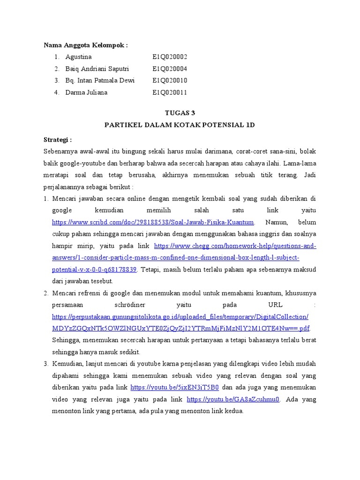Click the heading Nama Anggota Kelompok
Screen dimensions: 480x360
click(86, 45)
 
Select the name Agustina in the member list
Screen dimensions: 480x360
click(79, 57)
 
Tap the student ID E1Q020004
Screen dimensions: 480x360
click(170, 69)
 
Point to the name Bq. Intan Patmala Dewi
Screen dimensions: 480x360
click(100, 81)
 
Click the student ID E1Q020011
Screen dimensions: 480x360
click(170, 92)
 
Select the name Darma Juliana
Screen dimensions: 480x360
click(86, 92)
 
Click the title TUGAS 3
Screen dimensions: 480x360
click(180, 113)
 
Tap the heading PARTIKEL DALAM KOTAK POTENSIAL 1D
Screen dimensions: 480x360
click(180, 125)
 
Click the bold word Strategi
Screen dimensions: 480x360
click(58, 140)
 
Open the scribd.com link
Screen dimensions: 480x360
click(153, 222)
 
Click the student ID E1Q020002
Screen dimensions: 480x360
click(170, 57)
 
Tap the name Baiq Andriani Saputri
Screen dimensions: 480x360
click(97, 69)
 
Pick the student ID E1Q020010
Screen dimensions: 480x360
click(170, 81)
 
